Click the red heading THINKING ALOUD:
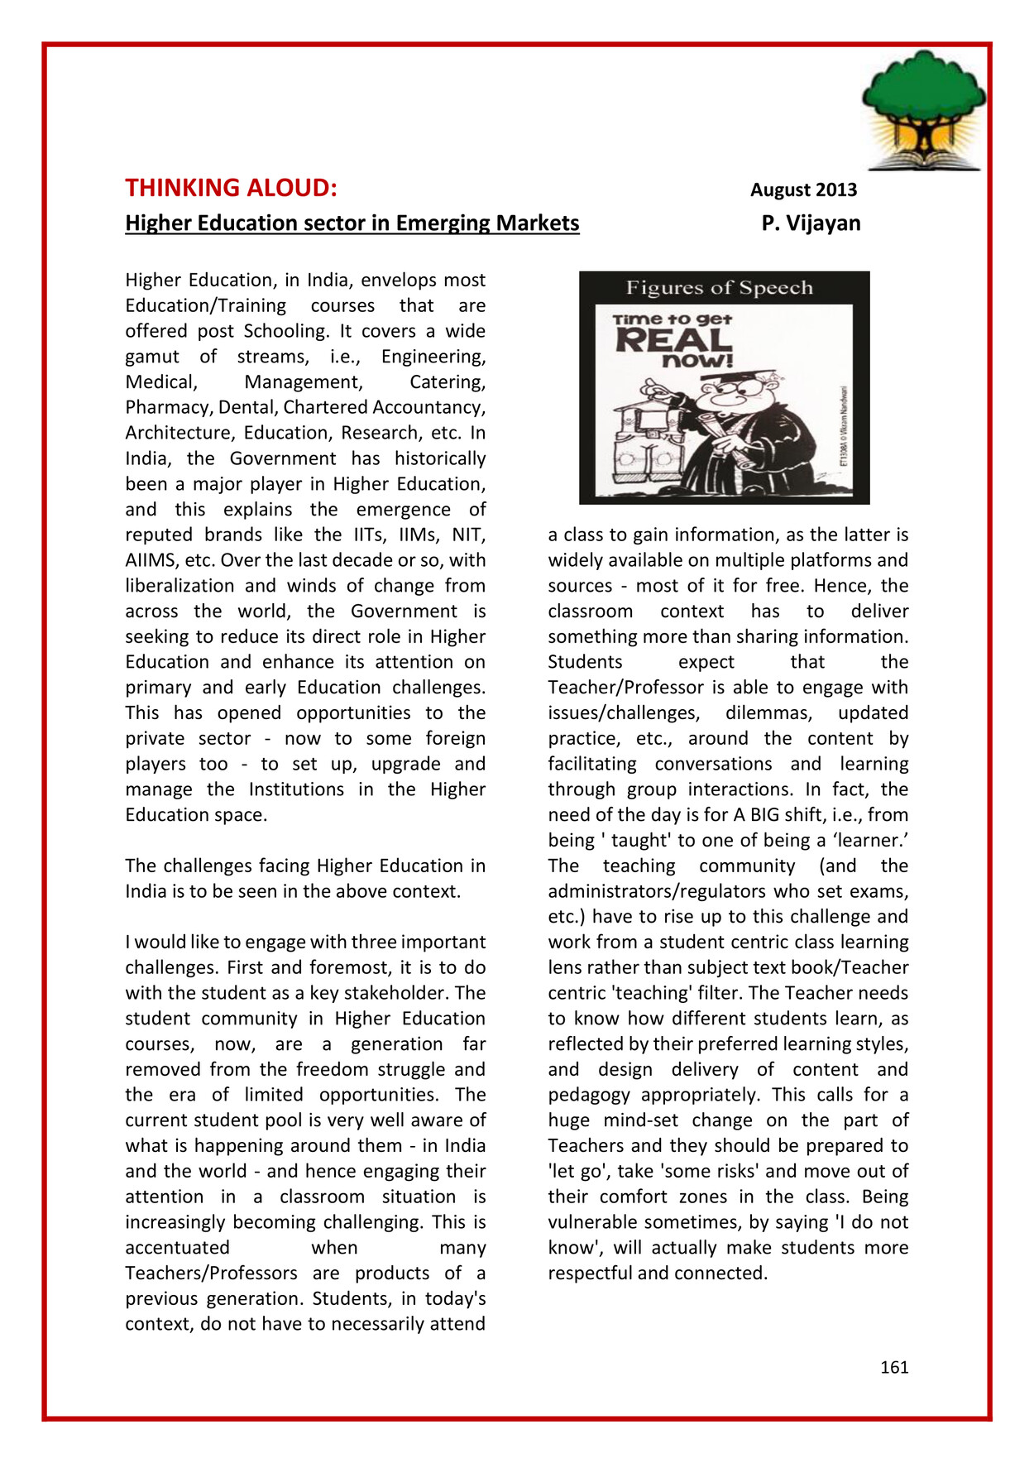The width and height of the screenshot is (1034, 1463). point(231,189)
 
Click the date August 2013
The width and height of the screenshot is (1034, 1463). point(803,190)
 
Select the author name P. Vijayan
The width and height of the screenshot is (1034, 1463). point(811,223)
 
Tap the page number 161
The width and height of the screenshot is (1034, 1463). point(894,1367)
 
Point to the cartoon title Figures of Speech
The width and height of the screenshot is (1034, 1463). point(719,288)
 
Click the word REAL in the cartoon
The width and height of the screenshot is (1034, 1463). point(673,339)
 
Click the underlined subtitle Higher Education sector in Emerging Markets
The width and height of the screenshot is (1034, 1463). point(352,223)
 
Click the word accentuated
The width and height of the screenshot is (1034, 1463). point(177,1248)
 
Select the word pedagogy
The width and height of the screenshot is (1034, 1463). point(589,1095)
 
